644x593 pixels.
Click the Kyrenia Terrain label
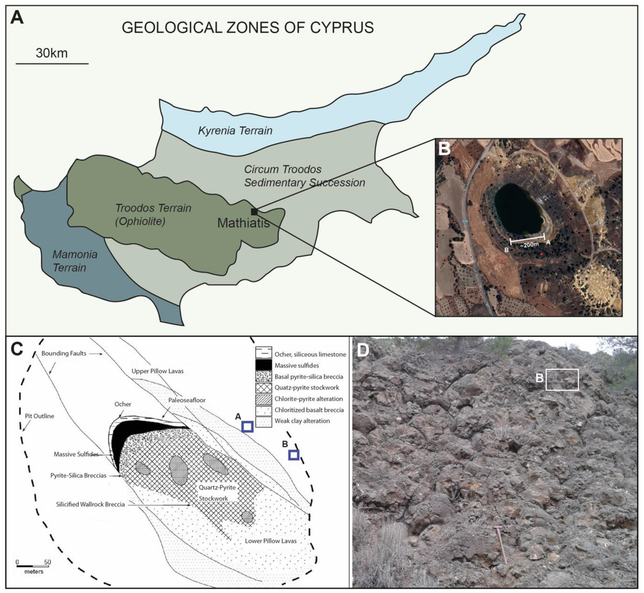click(235, 131)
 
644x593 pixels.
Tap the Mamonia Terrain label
click(75, 261)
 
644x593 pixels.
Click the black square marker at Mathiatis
click(254, 212)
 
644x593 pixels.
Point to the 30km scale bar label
click(52, 53)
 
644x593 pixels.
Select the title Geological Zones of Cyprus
click(248, 28)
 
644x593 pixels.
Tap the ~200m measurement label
click(529, 245)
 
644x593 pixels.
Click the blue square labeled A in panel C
click(247, 427)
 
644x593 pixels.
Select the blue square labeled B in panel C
click(294, 455)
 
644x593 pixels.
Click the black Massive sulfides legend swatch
click(264, 365)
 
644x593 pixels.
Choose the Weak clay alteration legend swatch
click(264, 421)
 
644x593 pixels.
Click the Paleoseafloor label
click(187, 400)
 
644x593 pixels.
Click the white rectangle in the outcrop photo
click(562, 380)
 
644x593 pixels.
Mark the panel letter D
click(363, 350)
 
